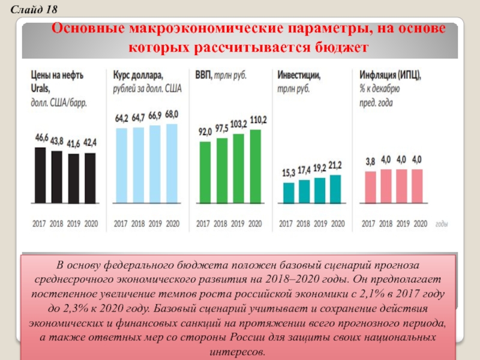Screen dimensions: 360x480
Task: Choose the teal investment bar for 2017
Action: point(289,193)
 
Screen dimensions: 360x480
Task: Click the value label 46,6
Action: point(41,138)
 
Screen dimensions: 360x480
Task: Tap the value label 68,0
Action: point(172,114)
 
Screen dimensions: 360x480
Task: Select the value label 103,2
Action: point(239,124)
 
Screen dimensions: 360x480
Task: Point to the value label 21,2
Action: point(336,164)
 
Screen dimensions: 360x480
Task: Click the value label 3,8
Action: point(370,161)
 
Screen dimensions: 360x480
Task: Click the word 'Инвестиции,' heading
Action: point(298,76)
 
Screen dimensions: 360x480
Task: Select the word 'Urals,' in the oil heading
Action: point(42,89)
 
